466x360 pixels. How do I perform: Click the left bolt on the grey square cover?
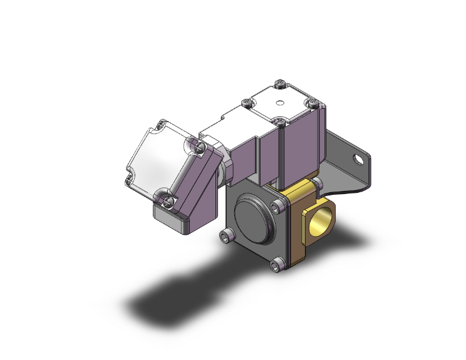click(226, 237)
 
